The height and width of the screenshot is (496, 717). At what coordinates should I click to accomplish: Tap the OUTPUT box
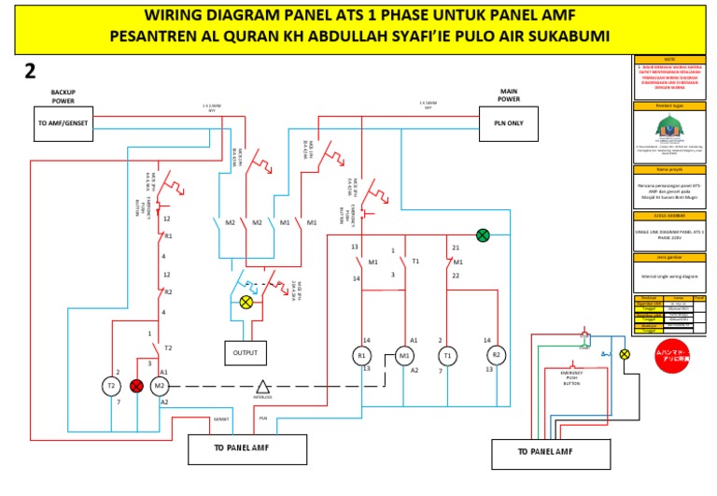tap(246, 352)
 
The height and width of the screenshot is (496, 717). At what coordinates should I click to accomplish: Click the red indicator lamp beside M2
tap(136, 385)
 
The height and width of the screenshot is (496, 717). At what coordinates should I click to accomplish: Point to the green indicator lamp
tap(483, 235)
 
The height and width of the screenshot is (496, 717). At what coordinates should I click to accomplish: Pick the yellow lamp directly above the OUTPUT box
tap(246, 302)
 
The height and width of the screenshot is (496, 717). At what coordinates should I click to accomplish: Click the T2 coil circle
tap(111, 385)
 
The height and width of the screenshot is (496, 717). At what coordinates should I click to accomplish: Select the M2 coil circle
tap(159, 385)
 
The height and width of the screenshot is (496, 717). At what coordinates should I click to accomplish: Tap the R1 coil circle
tap(361, 355)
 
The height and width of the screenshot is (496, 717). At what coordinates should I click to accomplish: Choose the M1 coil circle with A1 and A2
tap(405, 355)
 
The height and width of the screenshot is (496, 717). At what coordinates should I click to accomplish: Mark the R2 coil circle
tap(497, 355)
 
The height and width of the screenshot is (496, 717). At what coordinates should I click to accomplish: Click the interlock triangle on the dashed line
tap(263, 386)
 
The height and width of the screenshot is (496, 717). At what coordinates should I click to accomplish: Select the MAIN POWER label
tap(509, 94)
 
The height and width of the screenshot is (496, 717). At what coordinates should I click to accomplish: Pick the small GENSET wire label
tap(220, 419)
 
